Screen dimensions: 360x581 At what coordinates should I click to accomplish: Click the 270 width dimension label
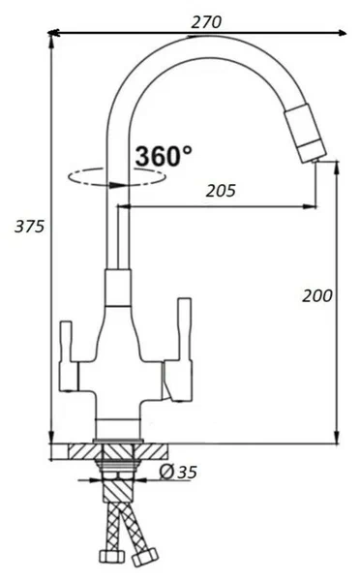point(206,22)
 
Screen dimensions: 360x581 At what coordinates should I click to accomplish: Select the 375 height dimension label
point(29,226)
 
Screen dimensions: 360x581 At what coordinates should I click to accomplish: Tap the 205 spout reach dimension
point(221,191)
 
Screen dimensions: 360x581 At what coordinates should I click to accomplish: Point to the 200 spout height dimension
point(317,295)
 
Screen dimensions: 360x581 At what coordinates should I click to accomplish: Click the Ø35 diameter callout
point(178,472)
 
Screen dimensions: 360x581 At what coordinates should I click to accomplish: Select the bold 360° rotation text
point(164,156)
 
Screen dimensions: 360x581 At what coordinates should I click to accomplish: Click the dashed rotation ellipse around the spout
point(117,177)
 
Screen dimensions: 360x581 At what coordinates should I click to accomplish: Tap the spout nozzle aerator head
point(306,134)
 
